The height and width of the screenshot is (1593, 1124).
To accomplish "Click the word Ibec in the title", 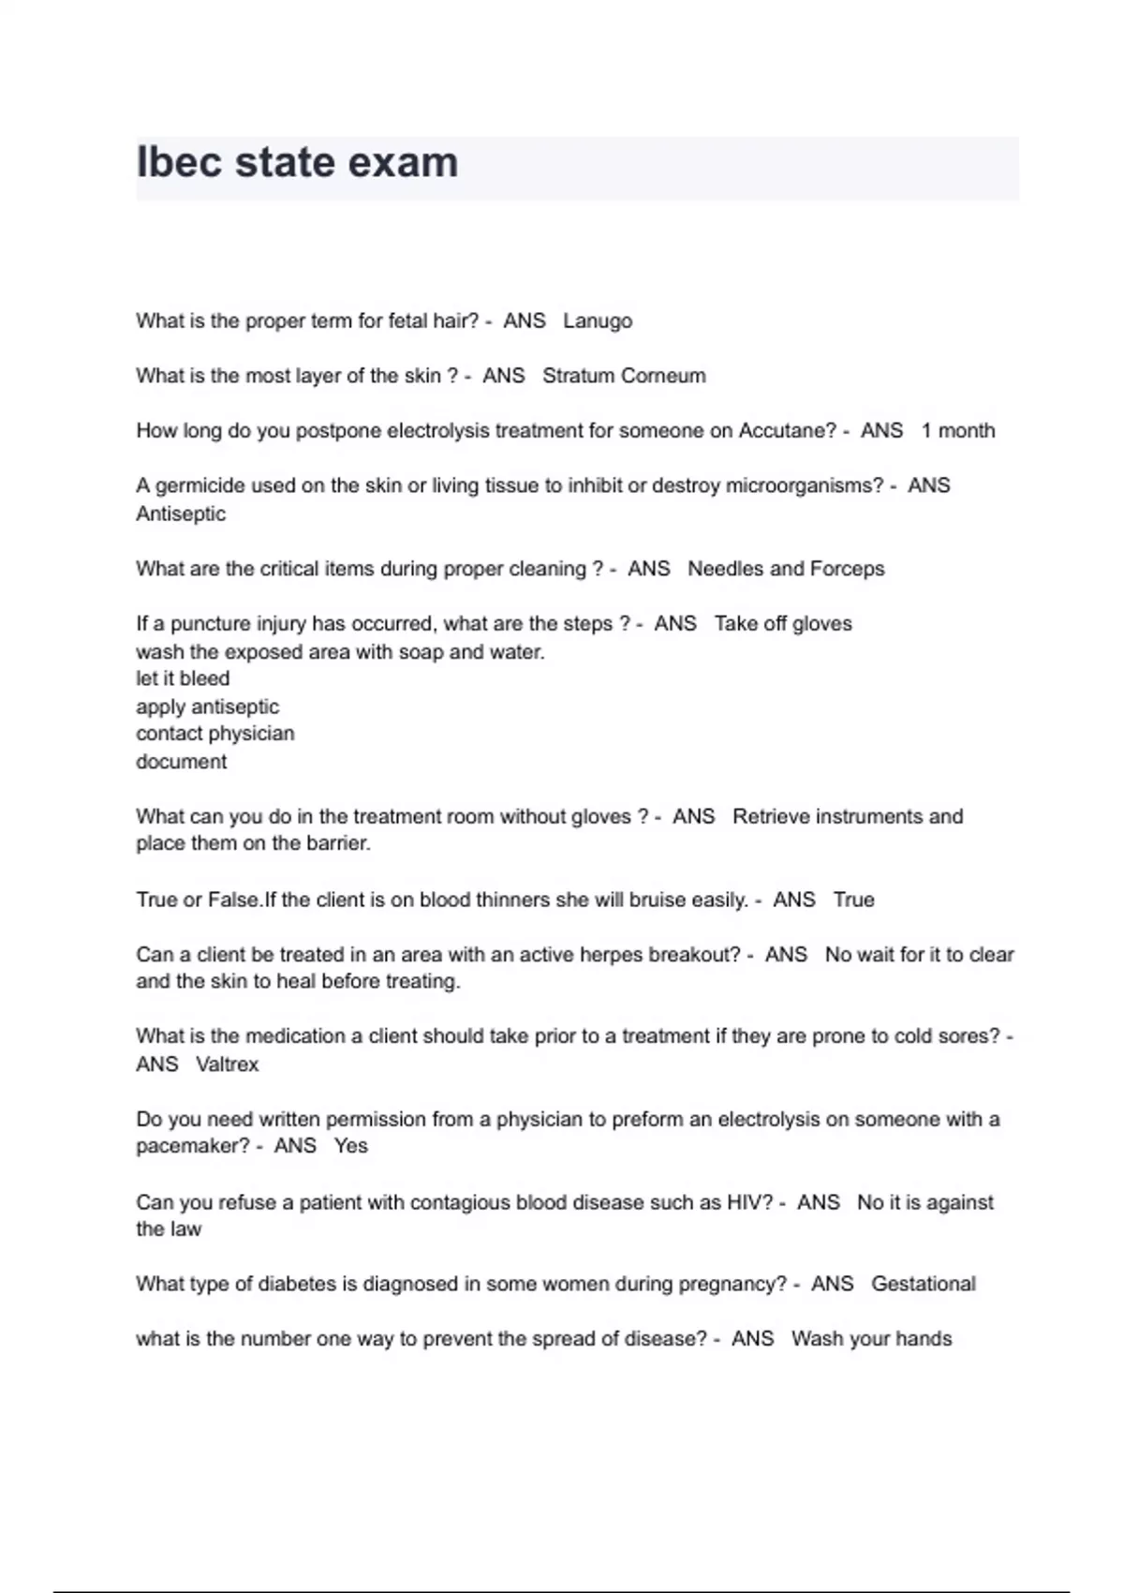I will pyautogui.click(x=178, y=162).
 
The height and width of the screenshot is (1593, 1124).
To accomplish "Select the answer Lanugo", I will pyautogui.click(x=597, y=321).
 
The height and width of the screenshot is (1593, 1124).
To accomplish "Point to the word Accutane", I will pyautogui.click(x=786, y=431).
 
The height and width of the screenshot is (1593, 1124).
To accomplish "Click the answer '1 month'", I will pyautogui.click(x=957, y=431).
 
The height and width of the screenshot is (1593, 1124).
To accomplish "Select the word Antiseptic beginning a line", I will pyautogui.click(x=181, y=514).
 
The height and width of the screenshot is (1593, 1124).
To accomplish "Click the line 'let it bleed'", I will pyautogui.click(x=183, y=678).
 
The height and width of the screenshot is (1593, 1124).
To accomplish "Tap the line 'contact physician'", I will pyautogui.click(x=214, y=734).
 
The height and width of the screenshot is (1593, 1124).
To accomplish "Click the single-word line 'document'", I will pyautogui.click(x=181, y=762).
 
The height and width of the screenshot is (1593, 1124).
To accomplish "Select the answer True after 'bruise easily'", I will pyautogui.click(x=853, y=900).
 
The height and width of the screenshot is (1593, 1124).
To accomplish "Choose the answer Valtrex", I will pyautogui.click(x=227, y=1064).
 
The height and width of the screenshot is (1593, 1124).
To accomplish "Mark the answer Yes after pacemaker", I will pyautogui.click(x=350, y=1146).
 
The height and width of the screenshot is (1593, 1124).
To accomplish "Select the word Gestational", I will pyautogui.click(x=923, y=1284).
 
